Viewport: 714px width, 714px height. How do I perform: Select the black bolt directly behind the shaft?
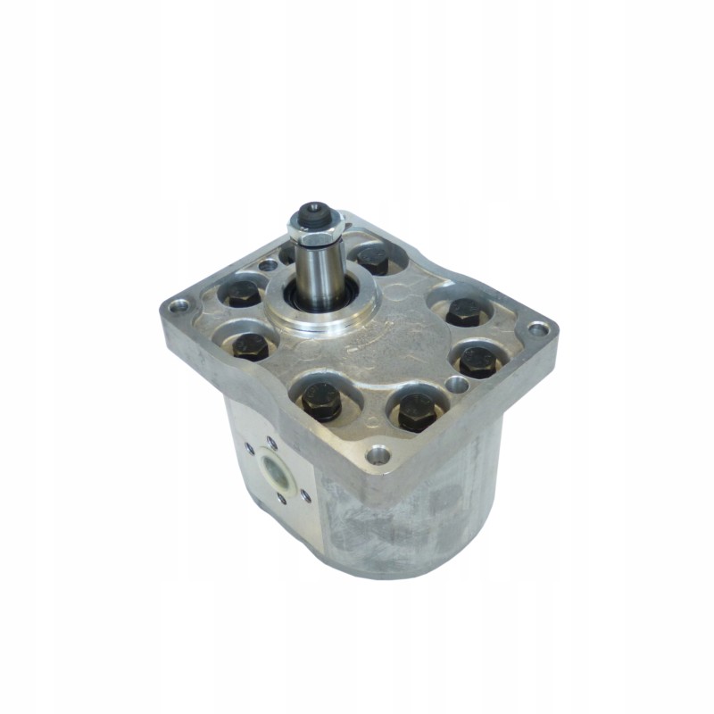tap(373, 260)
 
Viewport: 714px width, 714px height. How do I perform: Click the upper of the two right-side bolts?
tap(464, 311)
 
